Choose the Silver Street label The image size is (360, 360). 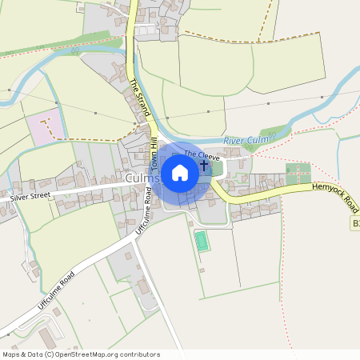pos(35,194)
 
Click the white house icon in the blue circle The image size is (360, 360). pos(180,173)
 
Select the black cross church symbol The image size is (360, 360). pos(204,165)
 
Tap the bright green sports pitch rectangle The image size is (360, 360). pos(202,240)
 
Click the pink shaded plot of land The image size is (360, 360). pos(44,129)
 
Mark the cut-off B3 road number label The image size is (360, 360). pos(355,225)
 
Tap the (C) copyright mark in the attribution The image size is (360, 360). pos(50,354)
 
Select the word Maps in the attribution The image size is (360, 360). pos(11,354)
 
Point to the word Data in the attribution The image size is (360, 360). pos(35,354)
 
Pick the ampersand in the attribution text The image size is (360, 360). pos(24,354)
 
